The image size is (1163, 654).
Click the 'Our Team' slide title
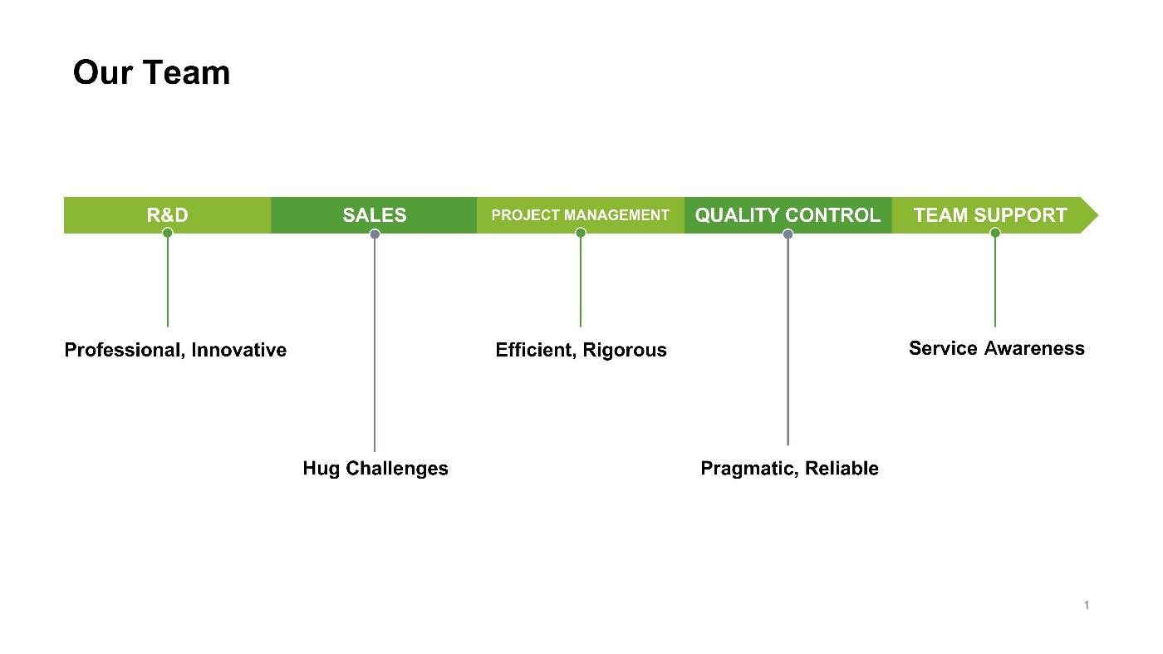151,72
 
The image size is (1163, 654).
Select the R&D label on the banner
167,215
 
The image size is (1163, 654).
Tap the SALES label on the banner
375,215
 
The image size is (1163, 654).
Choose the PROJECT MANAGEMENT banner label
580,215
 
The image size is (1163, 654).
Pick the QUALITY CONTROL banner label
788,215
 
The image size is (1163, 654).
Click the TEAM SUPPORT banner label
990,215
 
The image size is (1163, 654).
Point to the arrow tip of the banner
1098,215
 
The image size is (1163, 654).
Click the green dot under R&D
167,233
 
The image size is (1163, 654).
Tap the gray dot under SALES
375,234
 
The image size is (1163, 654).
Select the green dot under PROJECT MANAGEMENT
581,233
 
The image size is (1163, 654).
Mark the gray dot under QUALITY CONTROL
788,234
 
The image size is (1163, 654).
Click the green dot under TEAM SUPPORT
995,233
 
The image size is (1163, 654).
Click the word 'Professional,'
125,350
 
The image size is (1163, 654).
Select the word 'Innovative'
239,350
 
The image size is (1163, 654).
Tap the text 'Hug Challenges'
375,469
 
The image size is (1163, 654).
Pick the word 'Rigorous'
625,351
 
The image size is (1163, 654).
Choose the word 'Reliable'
842,468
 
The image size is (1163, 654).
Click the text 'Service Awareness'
997,348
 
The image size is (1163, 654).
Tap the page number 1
1087,605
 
